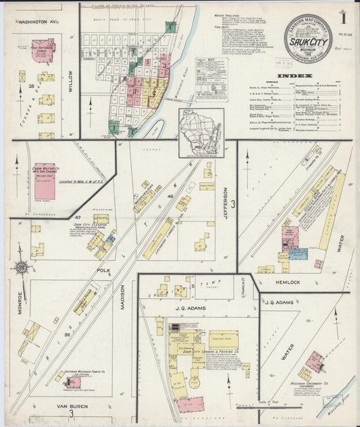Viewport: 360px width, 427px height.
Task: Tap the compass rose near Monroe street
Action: [22, 268]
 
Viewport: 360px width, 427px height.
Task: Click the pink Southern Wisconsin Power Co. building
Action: [72, 384]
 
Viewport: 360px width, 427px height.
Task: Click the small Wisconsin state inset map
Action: [201, 124]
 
